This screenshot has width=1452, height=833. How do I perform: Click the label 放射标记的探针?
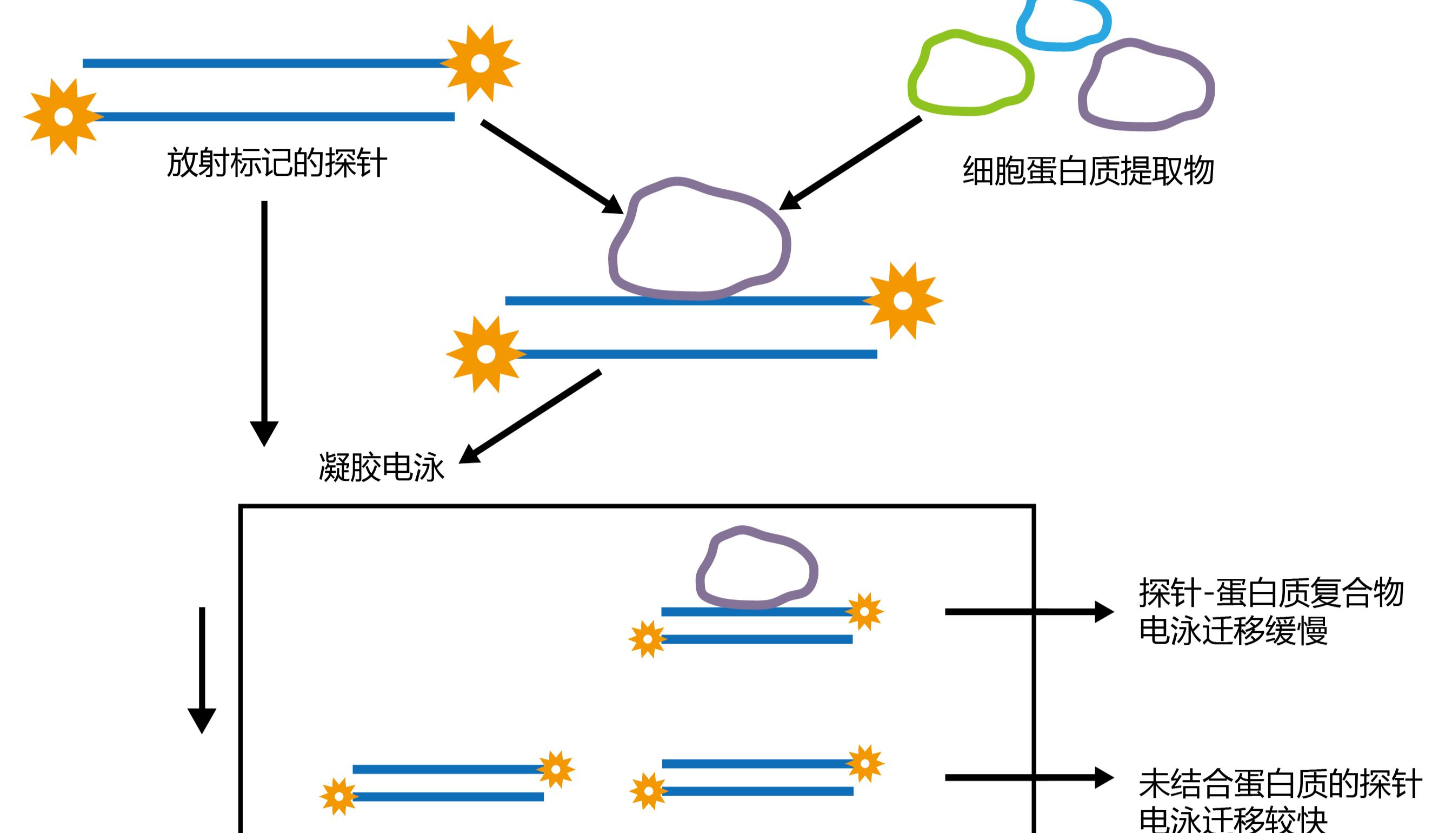point(277,163)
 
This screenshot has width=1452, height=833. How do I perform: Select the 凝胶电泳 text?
point(381,467)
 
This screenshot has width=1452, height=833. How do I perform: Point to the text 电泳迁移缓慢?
point(1233,631)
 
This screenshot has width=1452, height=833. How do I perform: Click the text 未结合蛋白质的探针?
point(1281,784)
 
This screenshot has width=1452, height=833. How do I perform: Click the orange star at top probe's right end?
point(480,63)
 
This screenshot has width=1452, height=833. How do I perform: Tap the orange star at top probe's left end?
point(63,117)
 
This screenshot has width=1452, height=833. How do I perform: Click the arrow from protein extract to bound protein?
point(852,162)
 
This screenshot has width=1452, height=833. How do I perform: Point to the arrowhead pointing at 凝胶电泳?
point(470,454)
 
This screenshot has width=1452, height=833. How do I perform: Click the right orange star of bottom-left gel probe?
point(556,770)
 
